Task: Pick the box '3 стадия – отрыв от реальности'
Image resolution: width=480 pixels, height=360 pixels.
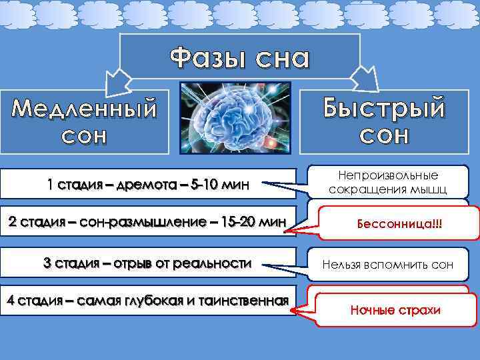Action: click(147, 263)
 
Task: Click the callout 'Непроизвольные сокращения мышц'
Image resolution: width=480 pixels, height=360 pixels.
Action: click(387, 182)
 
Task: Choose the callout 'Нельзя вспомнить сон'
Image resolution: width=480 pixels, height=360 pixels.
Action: click(387, 265)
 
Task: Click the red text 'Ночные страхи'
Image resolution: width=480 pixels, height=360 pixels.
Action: click(396, 310)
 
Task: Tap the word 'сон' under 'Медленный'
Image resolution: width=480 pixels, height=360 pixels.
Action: click(83, 136)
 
